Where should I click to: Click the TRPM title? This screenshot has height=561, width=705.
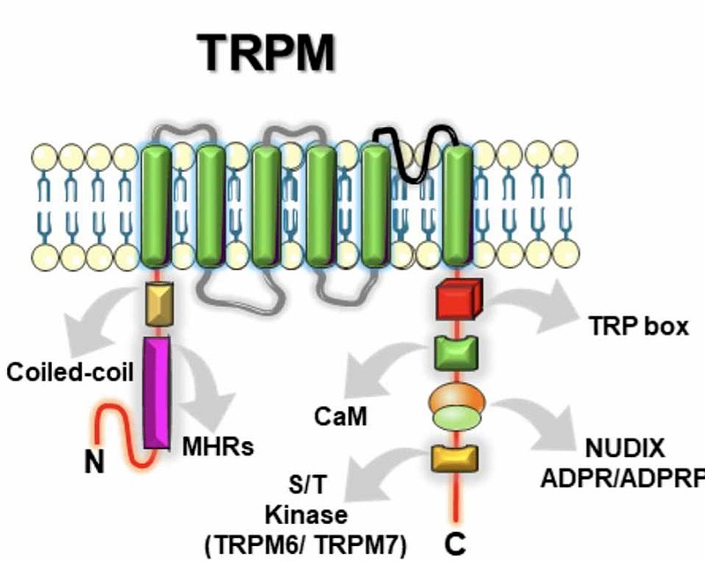pos(267,53)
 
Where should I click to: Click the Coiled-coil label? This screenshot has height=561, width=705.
pos(70,372)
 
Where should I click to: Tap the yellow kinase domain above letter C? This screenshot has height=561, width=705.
pos(455,457)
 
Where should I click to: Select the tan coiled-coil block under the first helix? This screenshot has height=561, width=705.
pos(158,304)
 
